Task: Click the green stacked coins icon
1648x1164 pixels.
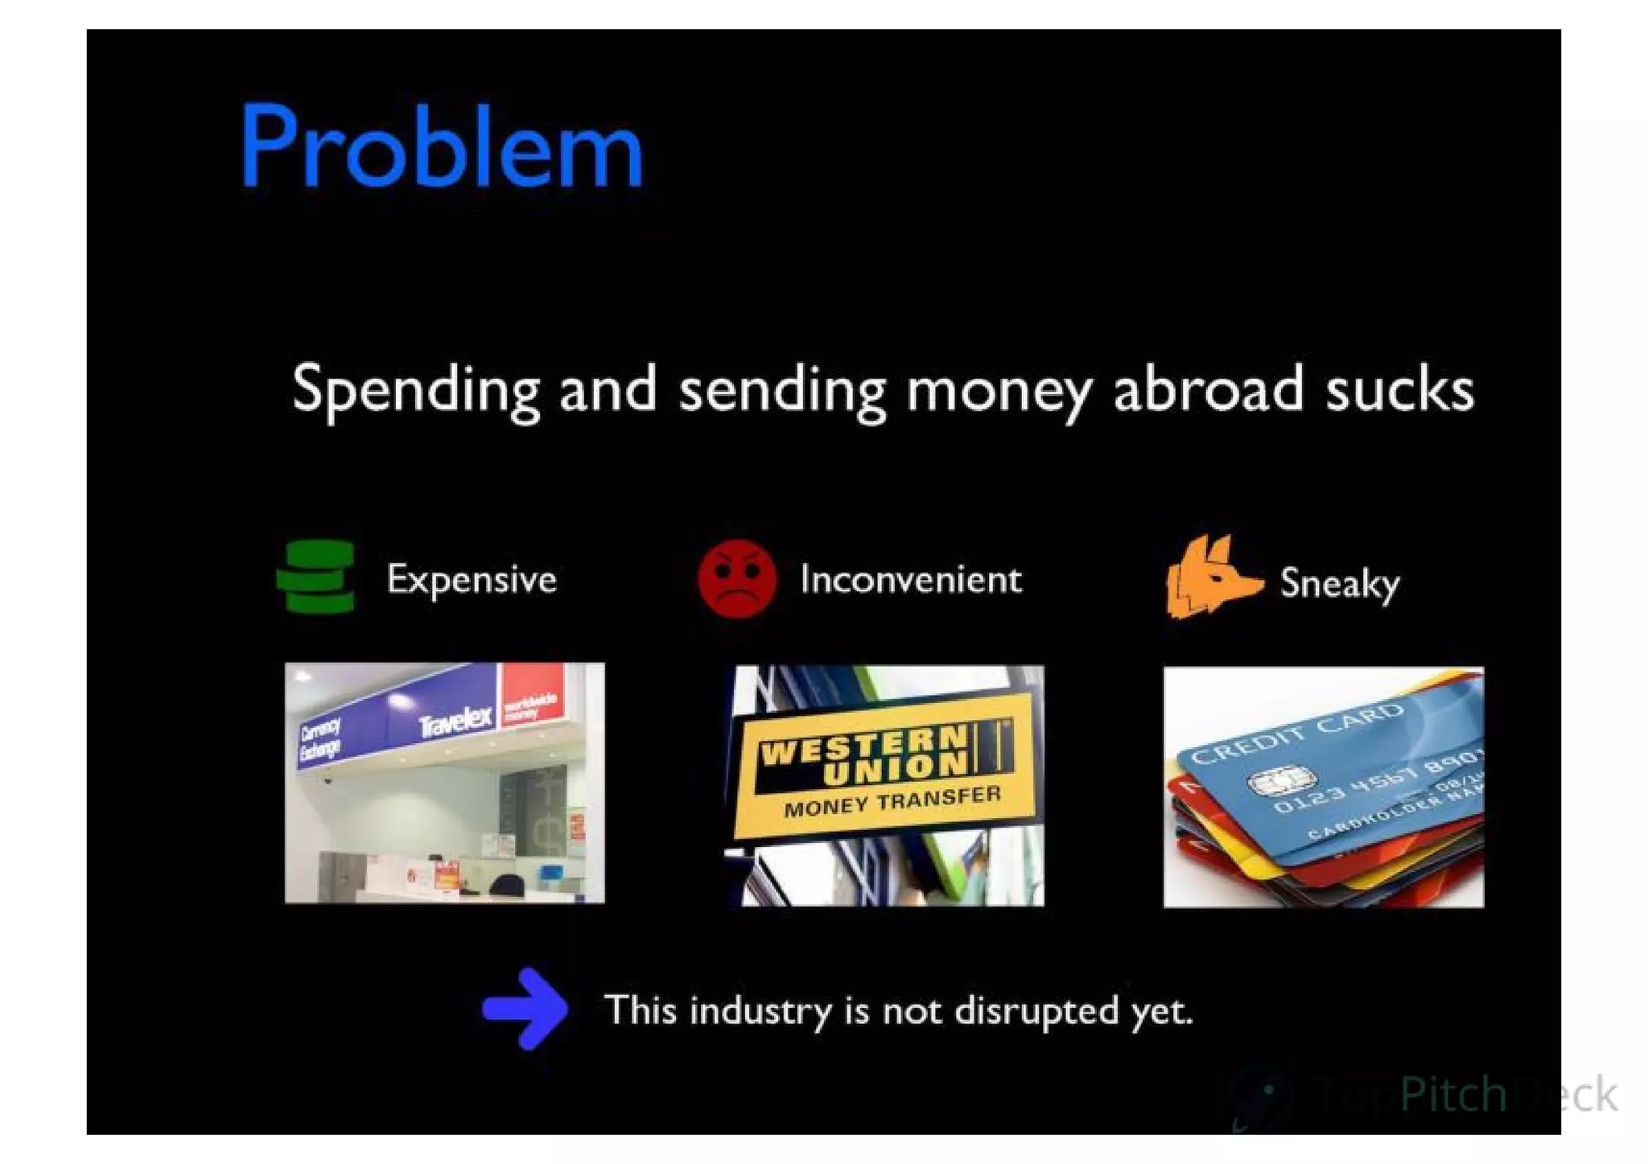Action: click(x=316, y=577)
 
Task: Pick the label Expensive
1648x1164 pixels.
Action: click(x=472, y=579)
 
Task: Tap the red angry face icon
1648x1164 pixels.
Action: click(x=736, y=579)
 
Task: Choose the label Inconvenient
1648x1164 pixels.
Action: click(x=911, y=579)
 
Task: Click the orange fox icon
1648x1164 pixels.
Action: click(x=1209, y=577)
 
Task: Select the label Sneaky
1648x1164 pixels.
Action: click(x=1340, y=583)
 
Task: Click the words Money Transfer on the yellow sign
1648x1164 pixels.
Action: click(x=892, y=801)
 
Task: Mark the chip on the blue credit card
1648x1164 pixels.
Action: click(x=1280, y=779)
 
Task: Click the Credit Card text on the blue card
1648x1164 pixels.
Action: click(x=1296, y=733)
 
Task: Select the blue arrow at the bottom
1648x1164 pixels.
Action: click(x=527, y=1008)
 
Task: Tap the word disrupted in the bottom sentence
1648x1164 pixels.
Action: click(x=1036, y=1010)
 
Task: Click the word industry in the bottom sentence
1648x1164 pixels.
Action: click(x=760, y=1010)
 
